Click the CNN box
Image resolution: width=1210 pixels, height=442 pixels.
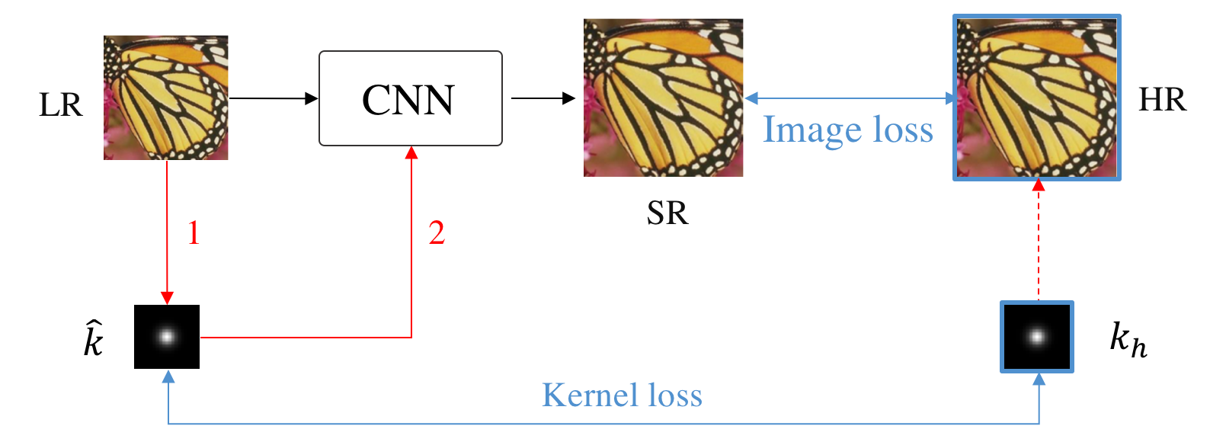(x=410, y=98)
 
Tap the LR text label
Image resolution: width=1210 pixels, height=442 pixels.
(x=60, y=105)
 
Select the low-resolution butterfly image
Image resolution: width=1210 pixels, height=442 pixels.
(x=166, y=98)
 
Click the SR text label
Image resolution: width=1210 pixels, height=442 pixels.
(x=667, y=213)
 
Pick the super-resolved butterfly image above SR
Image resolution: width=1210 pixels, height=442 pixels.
(x=663, y=98)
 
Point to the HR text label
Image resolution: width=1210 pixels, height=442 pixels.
(x=1162, y=100)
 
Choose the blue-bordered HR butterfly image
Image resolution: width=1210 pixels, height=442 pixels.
(x=1037, y=98)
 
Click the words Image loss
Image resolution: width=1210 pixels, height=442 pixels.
(x=848, y=130)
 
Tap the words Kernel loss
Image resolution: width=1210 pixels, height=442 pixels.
(x=622, y=396)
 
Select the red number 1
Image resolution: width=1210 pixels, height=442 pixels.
(x=194, y=233)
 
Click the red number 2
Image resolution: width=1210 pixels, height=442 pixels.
(x=437, y=233)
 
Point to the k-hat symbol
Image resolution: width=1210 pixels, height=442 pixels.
(x=93, y=339)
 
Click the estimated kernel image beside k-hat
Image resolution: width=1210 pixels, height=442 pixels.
(x=167, y=337)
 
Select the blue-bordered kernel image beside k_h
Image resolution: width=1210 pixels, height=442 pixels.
(x=1037, y=337)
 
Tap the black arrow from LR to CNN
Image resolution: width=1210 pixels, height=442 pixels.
(x=273, y=98)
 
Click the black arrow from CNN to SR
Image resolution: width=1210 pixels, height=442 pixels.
(x=543, y=98)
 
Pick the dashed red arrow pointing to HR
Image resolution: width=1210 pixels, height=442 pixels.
(x=1038, y=240)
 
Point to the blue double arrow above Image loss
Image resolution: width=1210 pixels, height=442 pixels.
(x=849, y=98)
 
